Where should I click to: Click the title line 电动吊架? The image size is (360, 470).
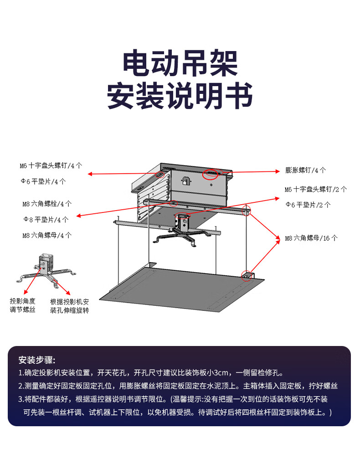coord(180,63)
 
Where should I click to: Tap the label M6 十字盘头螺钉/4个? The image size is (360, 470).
coord(51,165)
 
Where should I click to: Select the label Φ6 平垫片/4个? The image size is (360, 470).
coord(43,181)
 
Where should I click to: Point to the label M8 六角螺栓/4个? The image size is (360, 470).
coord(47,203)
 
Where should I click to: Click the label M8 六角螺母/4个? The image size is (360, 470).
coord(47,236)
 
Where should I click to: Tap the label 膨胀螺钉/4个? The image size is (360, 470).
coord(306,170)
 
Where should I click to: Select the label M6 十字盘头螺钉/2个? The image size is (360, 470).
coord(316,189)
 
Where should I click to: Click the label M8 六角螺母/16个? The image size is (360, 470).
coord(311,238)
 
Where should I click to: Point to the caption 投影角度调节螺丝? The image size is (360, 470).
coord(23,305)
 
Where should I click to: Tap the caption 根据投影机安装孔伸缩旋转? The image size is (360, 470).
coord(69,306)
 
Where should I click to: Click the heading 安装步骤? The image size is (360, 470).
coord(37,359)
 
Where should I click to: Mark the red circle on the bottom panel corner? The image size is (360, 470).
coord(247,276)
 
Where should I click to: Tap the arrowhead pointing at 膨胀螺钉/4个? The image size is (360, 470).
coord(278,171)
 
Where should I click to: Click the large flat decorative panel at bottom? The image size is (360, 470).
coord(182,289)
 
